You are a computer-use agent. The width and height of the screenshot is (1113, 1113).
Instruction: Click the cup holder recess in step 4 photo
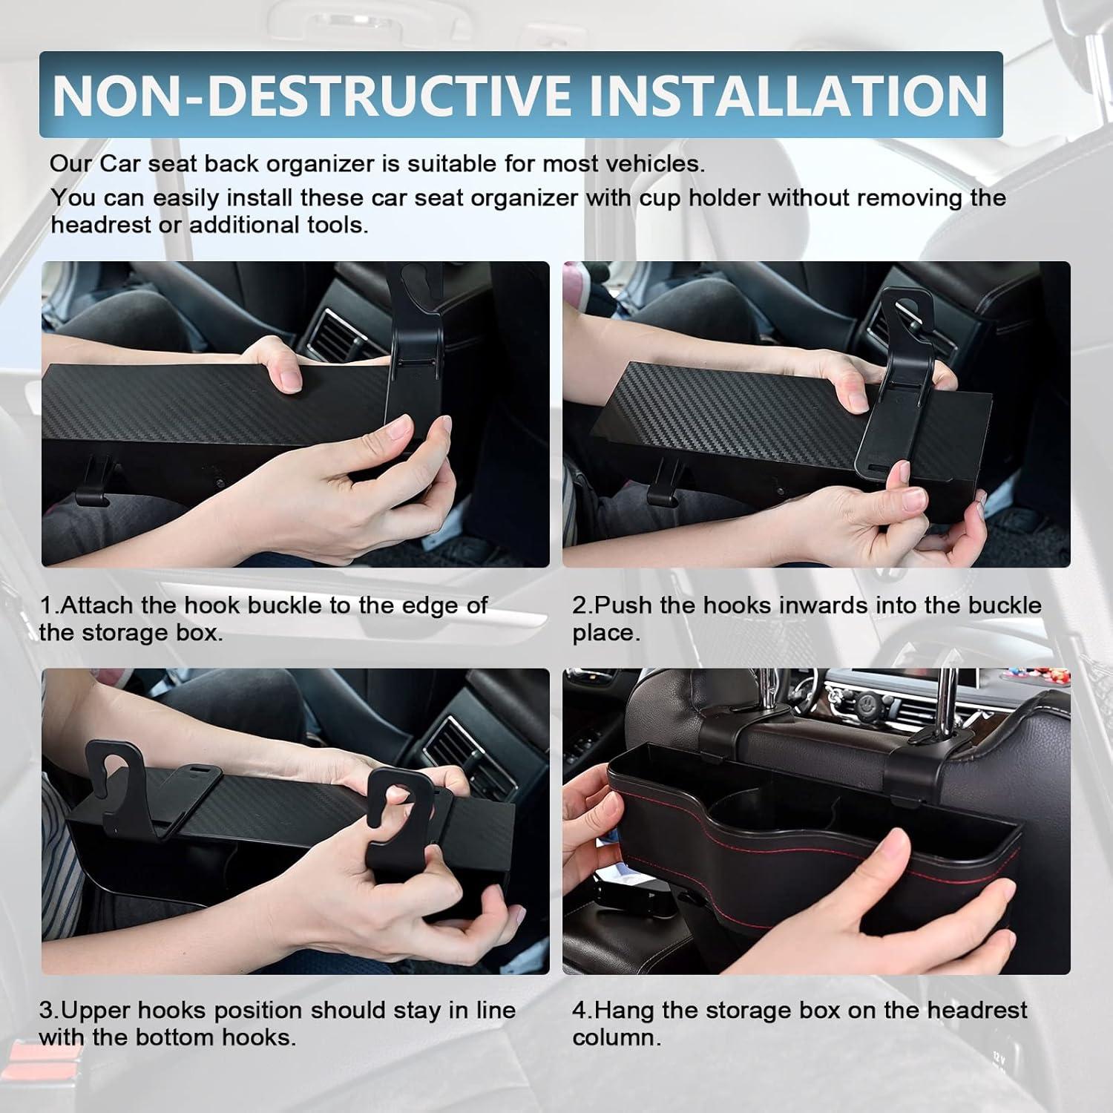click(x=749, y=805)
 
